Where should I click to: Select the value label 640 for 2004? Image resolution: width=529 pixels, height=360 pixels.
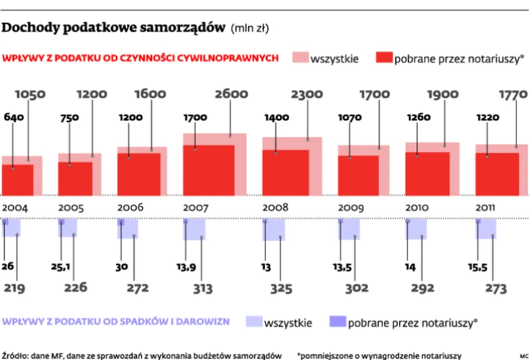coord(13,118)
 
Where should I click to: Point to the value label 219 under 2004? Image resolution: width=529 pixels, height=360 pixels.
coord(16,287)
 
